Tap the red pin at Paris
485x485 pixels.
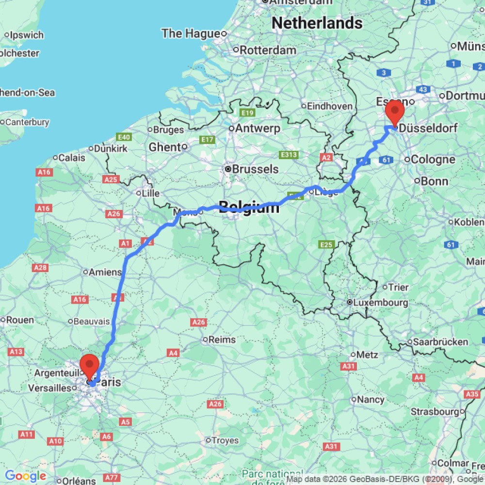point(89,365)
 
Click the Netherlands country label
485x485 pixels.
point(317,23)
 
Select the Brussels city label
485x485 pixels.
point(255,169)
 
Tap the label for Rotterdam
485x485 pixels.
point(268,50)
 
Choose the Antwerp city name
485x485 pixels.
point(258,129)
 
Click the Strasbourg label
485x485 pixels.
point(435,412)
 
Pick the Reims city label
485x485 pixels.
point(222,339)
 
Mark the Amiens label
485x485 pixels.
point(105,272)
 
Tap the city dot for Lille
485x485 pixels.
point(138,193)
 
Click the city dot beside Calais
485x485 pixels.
point(55,157)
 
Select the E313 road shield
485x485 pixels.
point(288,155)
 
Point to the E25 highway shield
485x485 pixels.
point(326,244)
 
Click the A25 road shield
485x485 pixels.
point(111,179)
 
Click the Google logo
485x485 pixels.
point(25,476)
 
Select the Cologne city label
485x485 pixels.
point(433,159)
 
